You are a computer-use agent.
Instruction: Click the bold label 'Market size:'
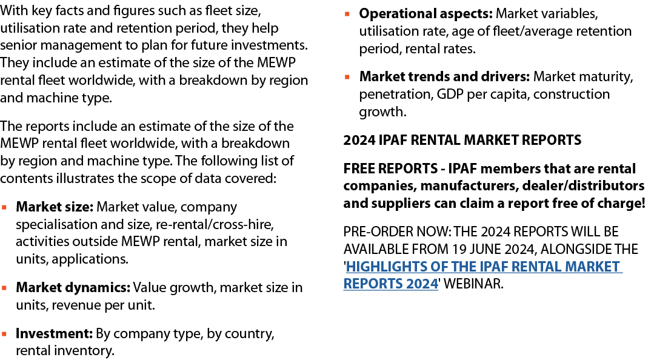click(55, 207)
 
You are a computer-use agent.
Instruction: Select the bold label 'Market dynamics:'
click(73, 287)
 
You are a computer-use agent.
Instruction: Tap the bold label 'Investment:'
click(54, 333)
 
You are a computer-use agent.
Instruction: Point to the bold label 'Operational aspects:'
click(426, 13)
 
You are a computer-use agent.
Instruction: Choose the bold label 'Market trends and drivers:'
click(445, 77)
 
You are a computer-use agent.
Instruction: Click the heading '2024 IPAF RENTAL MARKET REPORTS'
click(462, 141)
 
